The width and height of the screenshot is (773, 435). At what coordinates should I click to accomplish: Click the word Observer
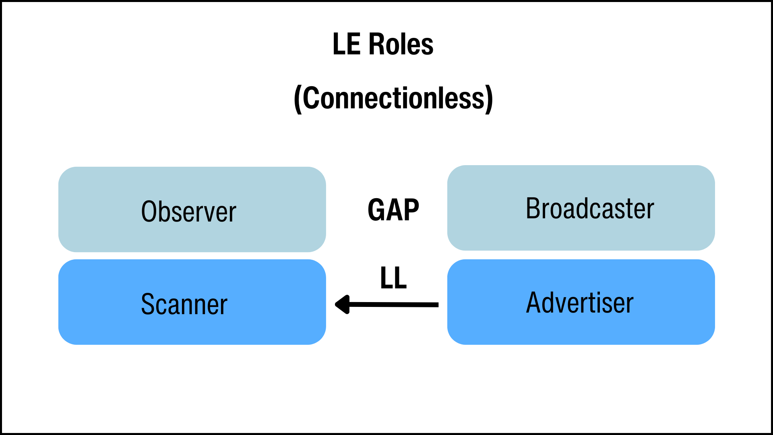point(188,211)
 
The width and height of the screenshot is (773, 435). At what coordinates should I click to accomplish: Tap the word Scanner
point(184,304)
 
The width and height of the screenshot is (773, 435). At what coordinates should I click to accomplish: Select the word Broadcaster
point(590,208)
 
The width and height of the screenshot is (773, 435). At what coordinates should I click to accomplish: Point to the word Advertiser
point(580,302)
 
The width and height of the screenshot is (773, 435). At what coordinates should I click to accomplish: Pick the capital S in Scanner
point(148,304)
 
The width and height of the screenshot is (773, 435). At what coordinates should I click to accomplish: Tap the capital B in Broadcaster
point(533,208)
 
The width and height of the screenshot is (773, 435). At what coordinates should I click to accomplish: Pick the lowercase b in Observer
point(165,211)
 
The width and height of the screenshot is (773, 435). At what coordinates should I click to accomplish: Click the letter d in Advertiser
point(550,302)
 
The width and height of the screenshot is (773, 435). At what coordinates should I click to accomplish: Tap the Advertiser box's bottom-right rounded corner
point(709,338)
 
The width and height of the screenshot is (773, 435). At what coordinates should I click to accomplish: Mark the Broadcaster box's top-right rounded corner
point(709,172)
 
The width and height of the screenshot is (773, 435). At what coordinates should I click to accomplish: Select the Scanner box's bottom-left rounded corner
point(64,338)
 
